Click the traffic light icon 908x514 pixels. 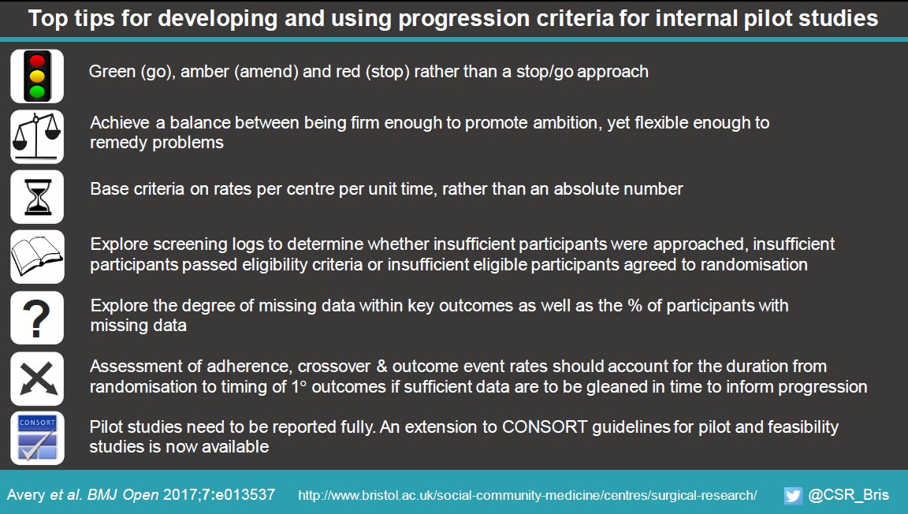click(37, 76)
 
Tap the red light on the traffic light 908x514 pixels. click(37, 60)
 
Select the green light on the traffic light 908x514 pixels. click(37, 91)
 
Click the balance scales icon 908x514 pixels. click(37, 136)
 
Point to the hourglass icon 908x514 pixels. click(37, 196)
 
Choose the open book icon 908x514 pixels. click(37, 256)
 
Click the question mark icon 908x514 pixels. click(37, 317)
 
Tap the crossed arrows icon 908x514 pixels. click(37, 378)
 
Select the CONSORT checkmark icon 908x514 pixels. click(37, 438)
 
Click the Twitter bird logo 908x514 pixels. click(793, 495)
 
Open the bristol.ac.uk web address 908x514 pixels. click(527, 496)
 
